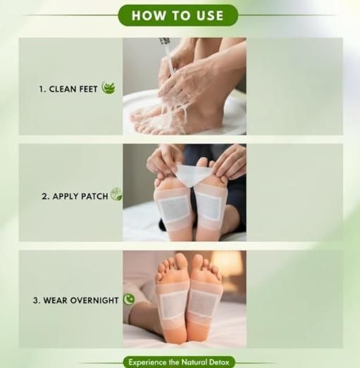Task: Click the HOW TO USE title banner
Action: pyautogui.click(x=178, y=15)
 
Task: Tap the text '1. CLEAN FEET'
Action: pyautogui.click(x=68, y=89)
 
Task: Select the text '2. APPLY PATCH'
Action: pyautogui.click(x=75, y=196)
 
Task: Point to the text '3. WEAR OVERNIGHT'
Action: pyautogui.click(x=75, y=300)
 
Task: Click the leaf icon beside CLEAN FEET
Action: pyautogui.click(x=108, y=88)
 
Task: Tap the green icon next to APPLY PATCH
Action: pyautogui.click(x=116, y=194)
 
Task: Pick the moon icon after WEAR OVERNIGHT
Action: pyautogui.click(x=129, y=299)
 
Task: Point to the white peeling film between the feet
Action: pyautogui.click(x=191, y=173)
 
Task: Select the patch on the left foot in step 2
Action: pyautogui.click(x=173, y=207)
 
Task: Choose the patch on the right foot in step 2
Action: pyautogui.click(x=209, y=205)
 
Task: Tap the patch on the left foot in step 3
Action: pyautogui.click(x=172, y=305)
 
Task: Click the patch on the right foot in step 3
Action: pyautogui.click(x=204, y=303)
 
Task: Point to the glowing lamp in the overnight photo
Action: pyautogui.click(x=230, y=266)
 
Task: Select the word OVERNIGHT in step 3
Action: pyautogui.click(x=94, y=300)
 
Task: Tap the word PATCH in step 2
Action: pyautogui.click(x=94, y=196)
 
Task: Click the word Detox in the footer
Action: pyautogui.click(x=220, y=362)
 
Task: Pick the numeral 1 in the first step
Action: pyautogui.click(x=41, y=89)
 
